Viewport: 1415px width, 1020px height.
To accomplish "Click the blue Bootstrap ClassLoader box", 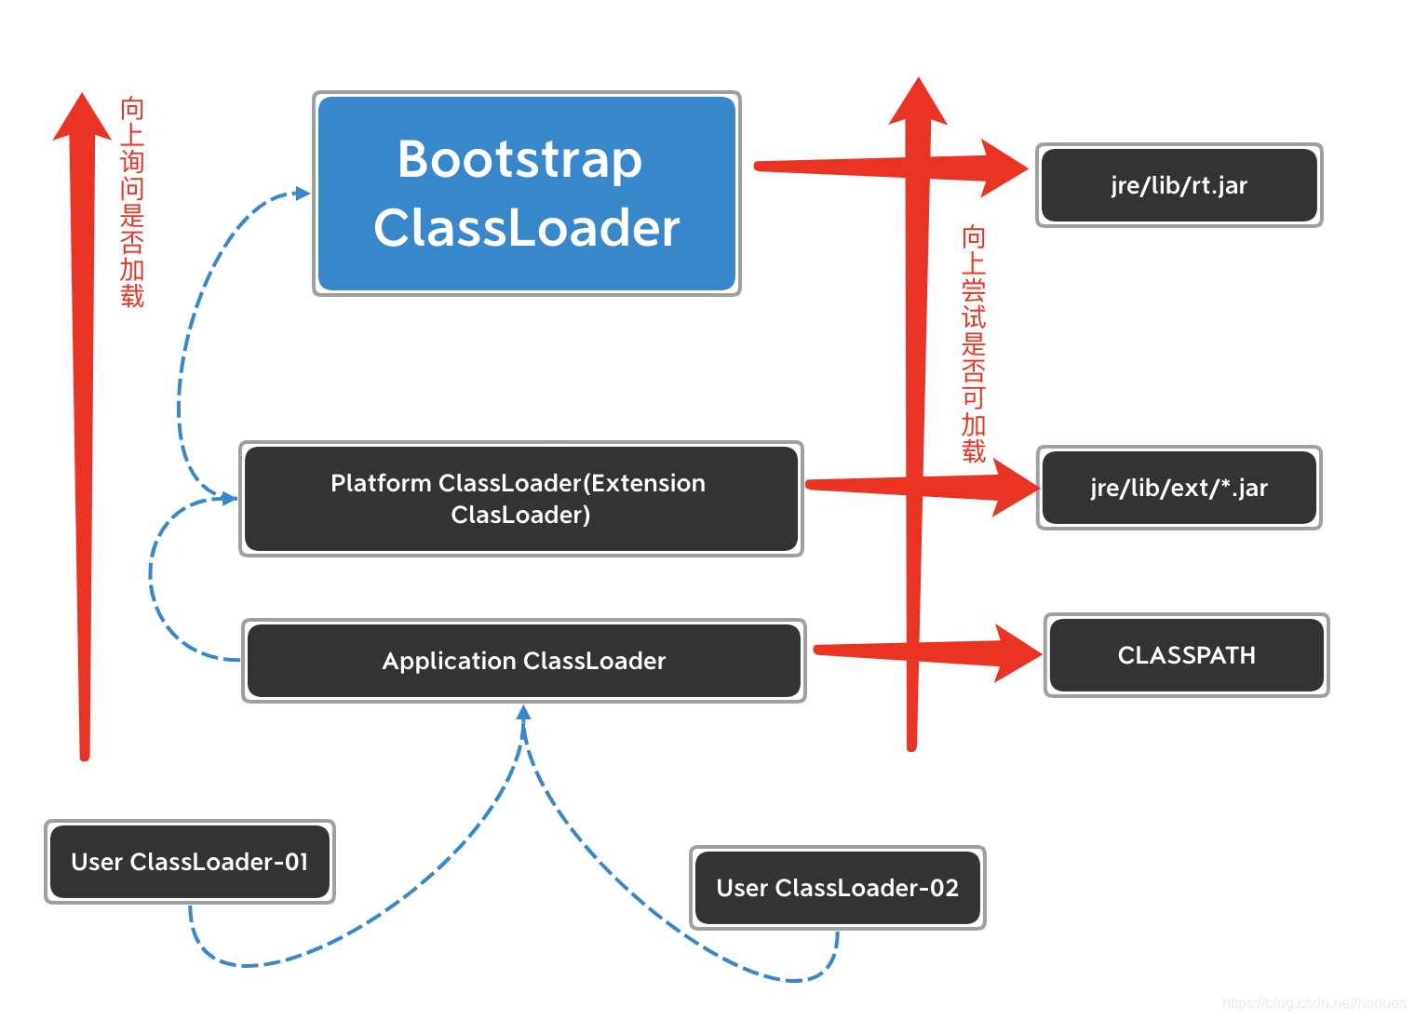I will click(526, 194).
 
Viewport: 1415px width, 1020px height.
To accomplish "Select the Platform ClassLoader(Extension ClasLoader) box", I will click(520, 499).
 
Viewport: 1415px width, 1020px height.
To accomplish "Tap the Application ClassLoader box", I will click(523, 661).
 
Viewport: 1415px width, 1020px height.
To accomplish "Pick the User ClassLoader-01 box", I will click(189, 862).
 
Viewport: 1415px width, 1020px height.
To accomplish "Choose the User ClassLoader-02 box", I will click(837, 888).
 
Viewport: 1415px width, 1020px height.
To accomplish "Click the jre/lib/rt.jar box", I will click(1179, 185).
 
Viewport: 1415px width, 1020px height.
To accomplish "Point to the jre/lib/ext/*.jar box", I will click(1179, 488).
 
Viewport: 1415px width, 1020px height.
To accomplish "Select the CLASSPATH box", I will click(1186, 655).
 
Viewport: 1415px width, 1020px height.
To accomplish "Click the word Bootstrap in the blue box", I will click(519, 159).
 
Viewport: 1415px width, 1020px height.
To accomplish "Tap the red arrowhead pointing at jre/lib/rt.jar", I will click(1003, 168).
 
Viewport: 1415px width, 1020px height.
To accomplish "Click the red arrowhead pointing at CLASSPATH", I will click(1017, 653).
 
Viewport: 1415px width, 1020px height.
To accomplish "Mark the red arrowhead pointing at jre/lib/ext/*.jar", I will click(1014, 488).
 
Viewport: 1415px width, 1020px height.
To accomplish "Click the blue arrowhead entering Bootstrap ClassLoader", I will click(302, 193).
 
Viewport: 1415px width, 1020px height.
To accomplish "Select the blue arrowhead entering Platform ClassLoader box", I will click(229, 499).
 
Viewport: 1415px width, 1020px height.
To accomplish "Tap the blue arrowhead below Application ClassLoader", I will click(524, 713).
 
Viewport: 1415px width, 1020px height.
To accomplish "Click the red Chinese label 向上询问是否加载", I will click(132, 202).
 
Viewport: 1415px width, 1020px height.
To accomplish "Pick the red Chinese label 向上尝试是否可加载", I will click(974, 343).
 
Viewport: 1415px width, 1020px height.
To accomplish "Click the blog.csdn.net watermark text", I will click(1314, 1002).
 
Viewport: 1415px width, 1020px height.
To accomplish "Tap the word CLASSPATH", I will click(1186, 655).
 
